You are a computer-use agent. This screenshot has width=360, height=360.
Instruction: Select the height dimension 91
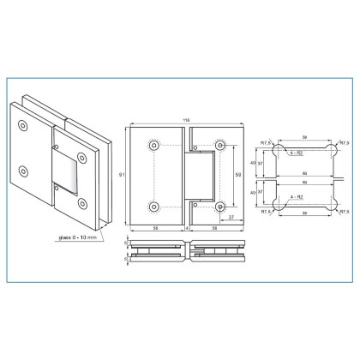tap(121, 176)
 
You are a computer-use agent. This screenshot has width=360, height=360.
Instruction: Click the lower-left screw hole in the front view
tap(153, 206)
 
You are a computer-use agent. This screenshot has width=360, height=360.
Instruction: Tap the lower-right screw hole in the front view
tap(220, 206)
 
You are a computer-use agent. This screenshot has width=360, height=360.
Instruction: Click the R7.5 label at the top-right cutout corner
tap(342, 144)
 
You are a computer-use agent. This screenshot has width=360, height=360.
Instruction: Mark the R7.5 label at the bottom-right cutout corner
tap(342, 212)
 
